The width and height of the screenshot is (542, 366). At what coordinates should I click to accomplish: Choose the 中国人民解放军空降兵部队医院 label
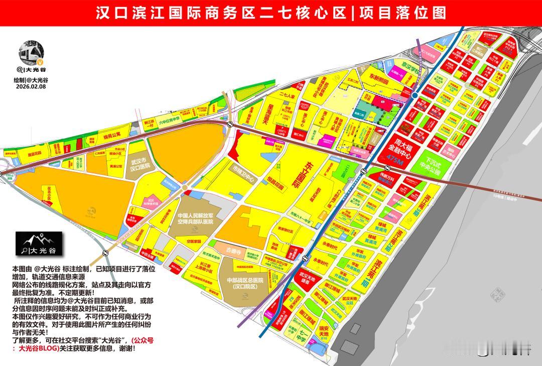[195, 218]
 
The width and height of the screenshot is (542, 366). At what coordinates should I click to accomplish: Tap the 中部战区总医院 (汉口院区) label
[245, 283]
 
